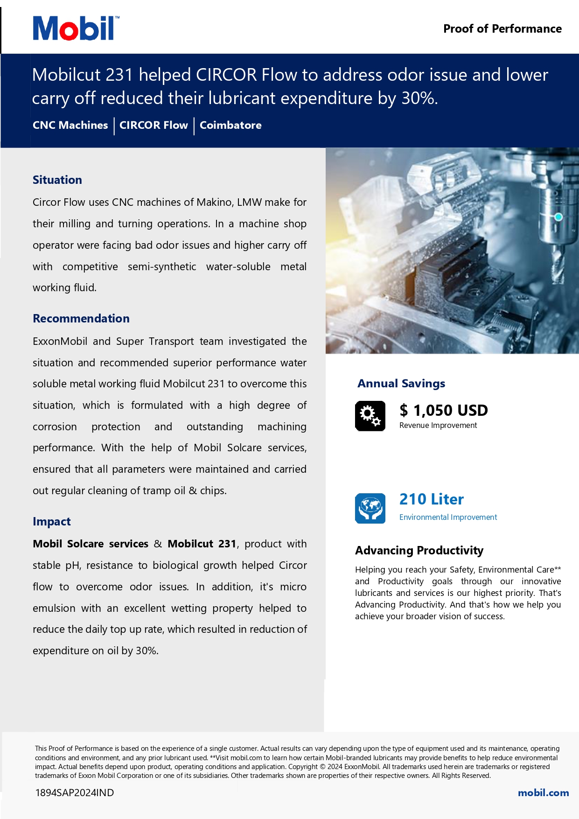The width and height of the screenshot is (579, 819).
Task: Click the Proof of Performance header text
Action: coord(502,29)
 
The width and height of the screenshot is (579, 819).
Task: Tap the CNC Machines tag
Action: coord(70,125)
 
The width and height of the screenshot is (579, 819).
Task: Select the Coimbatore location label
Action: coord(230,125)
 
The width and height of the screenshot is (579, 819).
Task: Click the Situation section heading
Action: coord(57,180)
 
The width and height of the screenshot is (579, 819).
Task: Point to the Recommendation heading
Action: coord(81,319)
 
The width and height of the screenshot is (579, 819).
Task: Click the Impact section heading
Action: coord(52,522)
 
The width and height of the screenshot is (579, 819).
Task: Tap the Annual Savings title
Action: coord(401,384)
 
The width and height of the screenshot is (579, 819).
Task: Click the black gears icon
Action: coord(370,416)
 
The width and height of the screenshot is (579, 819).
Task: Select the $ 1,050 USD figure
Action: coord(444,411)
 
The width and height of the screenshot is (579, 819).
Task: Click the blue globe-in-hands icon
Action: coord(370,508)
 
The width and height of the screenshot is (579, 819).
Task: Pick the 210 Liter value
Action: coord(432,499)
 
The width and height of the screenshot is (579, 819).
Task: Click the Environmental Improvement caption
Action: coord(448,517)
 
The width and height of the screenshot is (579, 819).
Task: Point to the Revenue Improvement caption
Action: coord(438,426)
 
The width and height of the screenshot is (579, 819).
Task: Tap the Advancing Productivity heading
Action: coord(419,551)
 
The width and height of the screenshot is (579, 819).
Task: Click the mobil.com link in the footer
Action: coord(543,793)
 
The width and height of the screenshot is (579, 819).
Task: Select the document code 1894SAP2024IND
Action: coord(75,793)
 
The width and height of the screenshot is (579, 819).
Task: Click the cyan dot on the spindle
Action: coord(558,217)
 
